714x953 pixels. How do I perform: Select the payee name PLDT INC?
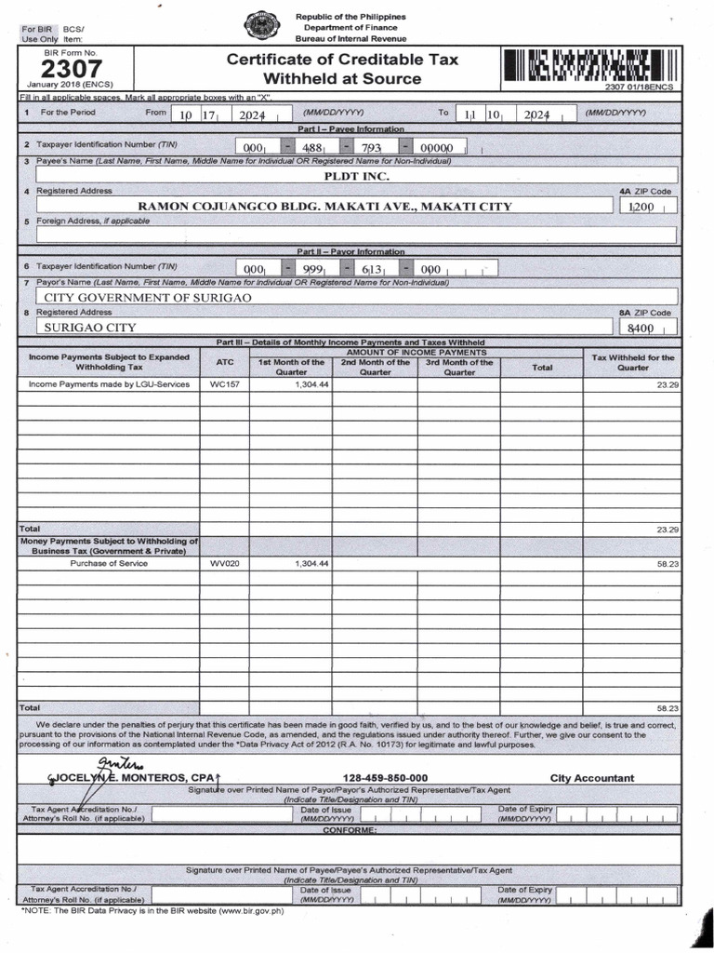(x=356, y=176)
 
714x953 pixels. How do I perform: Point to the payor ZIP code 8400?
(x=641, y=329)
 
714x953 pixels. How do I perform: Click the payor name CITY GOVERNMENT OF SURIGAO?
(x=149, y=297)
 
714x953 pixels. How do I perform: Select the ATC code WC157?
(x=224, y=384)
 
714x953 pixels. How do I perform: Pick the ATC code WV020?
(x=224, y=564)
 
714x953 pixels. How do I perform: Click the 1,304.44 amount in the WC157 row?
(x=311, y=384)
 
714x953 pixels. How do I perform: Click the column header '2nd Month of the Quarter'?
(x=375, y=367)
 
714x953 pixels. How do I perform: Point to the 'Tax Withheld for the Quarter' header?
(x=632, y=362)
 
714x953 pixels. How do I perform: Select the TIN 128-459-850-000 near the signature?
(x=385, y=778)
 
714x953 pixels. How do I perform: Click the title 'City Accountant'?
(x=591, y=778)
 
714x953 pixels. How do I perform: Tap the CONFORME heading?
(x=350, y=829)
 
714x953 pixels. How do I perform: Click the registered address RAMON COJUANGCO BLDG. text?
(x=324, y=206)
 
